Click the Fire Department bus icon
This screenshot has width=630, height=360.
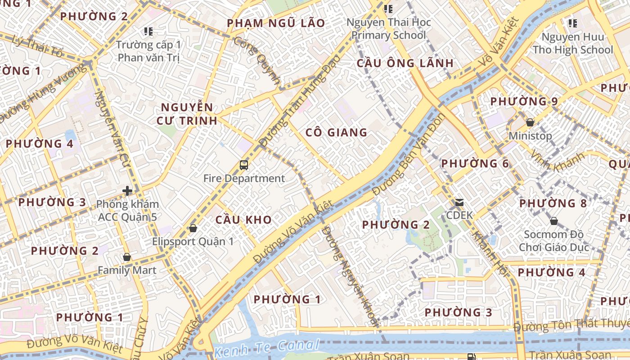tap(243, 165)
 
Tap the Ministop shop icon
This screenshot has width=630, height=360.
tap(530, 122)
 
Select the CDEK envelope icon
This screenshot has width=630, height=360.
tap(459, 202)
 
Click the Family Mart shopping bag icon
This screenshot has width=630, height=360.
tap(127, 257)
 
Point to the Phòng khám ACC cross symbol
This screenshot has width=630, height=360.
tap(127, 191)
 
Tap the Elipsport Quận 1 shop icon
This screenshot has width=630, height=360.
tap(193, 228)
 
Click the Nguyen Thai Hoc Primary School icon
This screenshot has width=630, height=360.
tap(388, 9)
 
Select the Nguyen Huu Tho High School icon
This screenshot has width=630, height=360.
tap(572, 23)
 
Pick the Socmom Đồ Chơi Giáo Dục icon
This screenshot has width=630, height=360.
tap(554, 221)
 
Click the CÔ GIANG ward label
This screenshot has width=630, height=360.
tap(336, 132)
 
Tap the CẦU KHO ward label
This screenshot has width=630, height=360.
tap(243, 220)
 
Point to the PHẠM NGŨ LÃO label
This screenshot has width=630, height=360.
tap(276, 23)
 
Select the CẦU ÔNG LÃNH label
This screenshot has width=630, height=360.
tap(405, 63)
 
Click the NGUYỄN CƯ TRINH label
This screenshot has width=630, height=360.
tap(187, 114)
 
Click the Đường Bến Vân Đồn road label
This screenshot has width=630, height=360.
tap(409, 154)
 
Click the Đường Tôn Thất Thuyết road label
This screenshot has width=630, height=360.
tap(571, 324)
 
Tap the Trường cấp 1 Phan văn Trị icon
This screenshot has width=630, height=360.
tap(148, 31)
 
